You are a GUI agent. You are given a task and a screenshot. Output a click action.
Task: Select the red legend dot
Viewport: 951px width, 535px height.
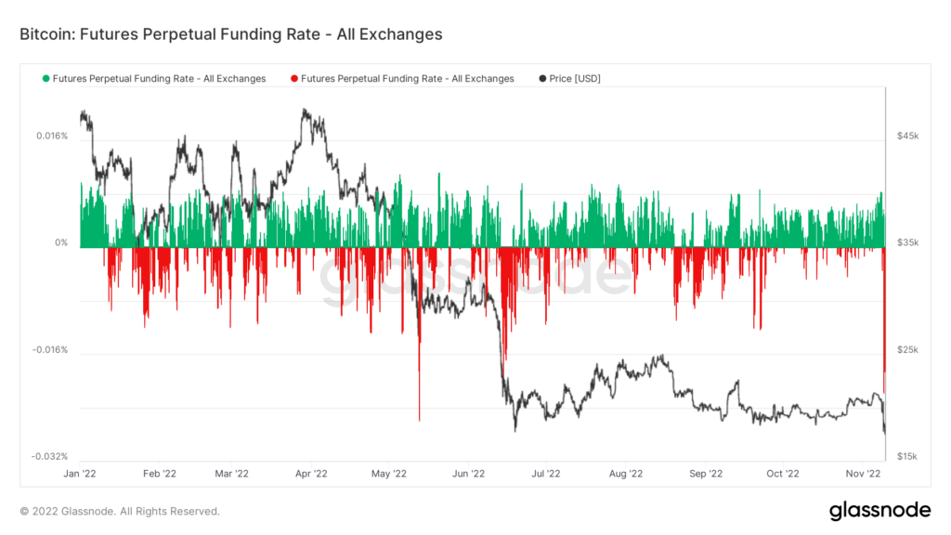pos(293,79)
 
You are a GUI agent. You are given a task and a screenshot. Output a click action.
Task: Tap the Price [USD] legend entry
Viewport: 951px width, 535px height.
pos(576,79)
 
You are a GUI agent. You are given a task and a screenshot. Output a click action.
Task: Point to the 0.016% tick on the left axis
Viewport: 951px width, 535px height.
pos(51,136)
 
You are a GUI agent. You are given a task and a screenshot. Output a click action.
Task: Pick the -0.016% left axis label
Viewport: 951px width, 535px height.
pos(49,350)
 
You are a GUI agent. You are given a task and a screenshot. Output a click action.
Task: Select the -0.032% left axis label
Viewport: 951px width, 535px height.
pos(49,456)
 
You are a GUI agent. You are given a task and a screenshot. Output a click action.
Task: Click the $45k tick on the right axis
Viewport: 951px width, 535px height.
pos(907,136)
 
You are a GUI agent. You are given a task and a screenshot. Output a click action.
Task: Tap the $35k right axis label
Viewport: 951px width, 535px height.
pos(907,243)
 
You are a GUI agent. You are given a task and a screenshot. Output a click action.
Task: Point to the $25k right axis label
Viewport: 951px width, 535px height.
pos(907,350)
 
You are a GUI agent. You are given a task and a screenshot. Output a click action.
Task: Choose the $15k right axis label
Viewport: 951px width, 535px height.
pos(907,456)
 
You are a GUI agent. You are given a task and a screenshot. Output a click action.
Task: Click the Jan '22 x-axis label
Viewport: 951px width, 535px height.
pos(80,473)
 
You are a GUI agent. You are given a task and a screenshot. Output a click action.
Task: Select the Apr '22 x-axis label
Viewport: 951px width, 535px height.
pos(312,473)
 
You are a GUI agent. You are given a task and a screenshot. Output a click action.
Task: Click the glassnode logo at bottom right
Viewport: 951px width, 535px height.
pos(879,510)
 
